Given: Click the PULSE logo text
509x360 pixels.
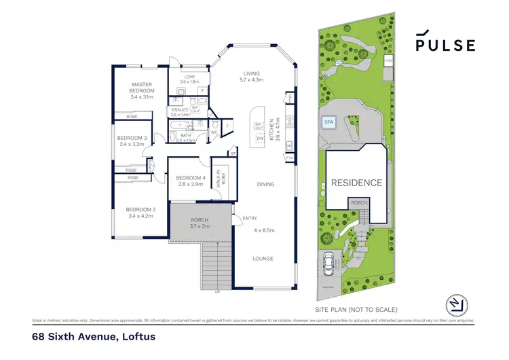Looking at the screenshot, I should click(445, 45).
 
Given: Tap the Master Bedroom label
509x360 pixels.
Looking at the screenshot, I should click(143, 87).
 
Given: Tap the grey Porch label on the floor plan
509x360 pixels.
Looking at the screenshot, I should click(200, 220).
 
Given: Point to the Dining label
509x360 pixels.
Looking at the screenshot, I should click(265, 184).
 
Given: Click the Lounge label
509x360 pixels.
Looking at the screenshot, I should click(263, 259).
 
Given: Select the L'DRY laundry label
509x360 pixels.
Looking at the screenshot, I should click(189, 77).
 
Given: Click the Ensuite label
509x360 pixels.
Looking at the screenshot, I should click(180, 109).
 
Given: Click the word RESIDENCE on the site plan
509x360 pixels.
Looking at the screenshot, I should click(357, 183).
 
